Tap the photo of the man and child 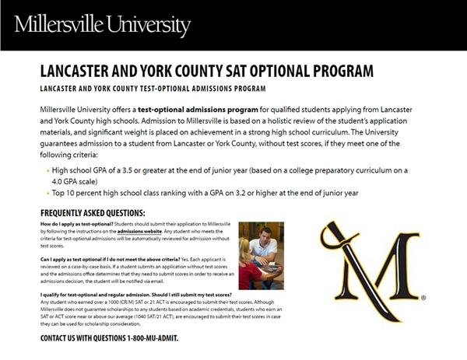[261, 255]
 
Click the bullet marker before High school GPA [45, 170]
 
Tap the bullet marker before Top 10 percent [45, 192]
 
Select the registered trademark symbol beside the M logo [423, 297]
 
